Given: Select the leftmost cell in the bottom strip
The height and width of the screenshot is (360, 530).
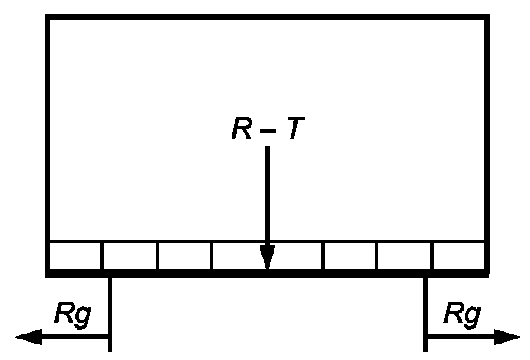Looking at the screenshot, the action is [75, 255].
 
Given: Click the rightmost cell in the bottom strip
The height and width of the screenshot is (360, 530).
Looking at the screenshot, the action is [459, 255].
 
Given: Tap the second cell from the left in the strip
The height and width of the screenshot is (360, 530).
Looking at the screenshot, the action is [129, 255].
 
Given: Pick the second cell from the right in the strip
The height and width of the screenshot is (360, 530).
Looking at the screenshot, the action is [405, 255].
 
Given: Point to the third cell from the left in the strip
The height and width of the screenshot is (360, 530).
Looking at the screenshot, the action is [185, 255].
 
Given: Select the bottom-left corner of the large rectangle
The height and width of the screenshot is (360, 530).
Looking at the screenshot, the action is [48, 272].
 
